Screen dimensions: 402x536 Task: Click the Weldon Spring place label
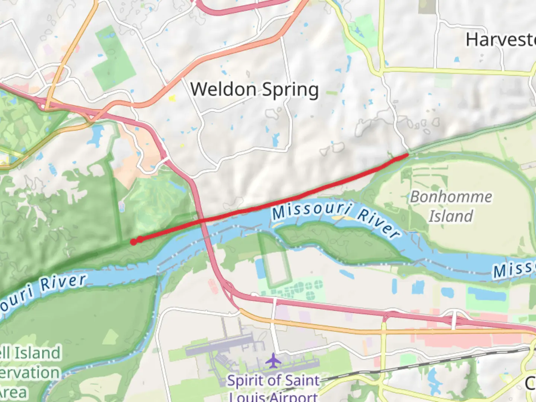pos(254,90)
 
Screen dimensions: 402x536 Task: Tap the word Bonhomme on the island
pos(451,197)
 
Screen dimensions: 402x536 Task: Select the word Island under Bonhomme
pos(450,216)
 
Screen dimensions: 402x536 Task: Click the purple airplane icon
pos(274,361)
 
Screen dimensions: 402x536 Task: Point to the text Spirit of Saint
pos(274,380)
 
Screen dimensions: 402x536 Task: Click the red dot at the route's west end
pos(133,242)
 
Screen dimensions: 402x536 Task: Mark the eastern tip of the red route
pos(408,154)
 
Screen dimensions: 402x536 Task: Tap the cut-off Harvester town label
pos(501,39)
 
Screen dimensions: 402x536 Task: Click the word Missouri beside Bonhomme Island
pos(311,211)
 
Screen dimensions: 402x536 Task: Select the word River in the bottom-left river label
pos(63,282)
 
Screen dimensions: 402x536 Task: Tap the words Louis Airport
pos(274,397)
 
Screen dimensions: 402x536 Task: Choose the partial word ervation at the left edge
pos(30,373)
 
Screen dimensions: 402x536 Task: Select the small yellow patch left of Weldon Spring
pos(172,98)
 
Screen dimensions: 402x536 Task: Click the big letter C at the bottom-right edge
pos(530,383)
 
